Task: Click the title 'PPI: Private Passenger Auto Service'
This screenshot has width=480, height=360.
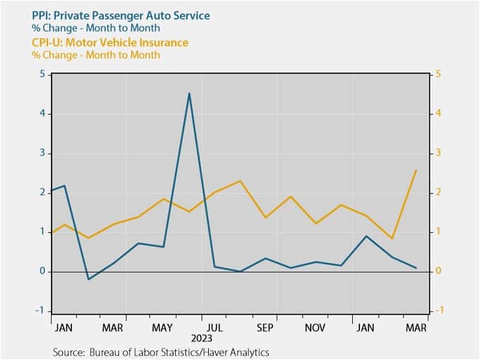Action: (121, 16)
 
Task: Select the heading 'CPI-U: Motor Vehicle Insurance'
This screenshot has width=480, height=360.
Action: (110, 42)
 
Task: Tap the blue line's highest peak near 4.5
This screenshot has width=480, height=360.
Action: (189, 93)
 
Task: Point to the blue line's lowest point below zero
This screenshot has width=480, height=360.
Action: (88, 280)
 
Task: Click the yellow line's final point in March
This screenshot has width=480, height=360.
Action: (416, 170)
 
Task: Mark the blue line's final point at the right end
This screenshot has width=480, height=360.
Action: (416, 268)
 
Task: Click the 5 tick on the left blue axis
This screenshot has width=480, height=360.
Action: (42, 74)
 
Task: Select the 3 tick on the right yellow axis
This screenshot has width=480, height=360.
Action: (438, 152)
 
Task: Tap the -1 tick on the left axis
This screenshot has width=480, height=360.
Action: (40, 311)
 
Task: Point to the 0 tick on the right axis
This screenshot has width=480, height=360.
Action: (438, 271)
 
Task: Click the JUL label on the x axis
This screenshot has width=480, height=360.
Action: (214, 328)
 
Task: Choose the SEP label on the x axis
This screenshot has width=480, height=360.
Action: (265, 328)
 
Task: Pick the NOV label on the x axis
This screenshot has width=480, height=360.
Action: (315, 328)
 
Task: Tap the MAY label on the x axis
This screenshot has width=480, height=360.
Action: (162, 328)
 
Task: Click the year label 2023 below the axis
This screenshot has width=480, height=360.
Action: (202, 339)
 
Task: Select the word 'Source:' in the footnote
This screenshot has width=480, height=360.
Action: (68, 352)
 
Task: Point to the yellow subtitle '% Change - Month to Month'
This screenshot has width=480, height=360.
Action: (96, 55)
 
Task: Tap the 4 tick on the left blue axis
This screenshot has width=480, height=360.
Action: (42, 114)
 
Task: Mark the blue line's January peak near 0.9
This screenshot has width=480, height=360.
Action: (366, 236)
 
